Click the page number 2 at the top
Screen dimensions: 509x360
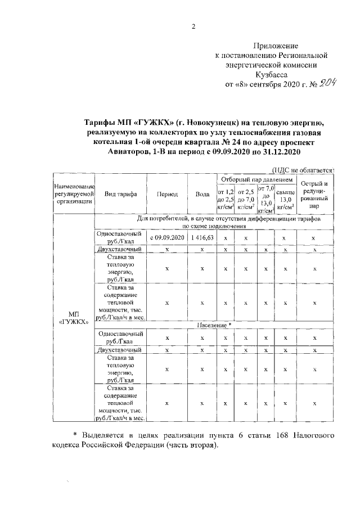tap(193, 26)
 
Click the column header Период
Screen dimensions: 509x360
tap(167, 194)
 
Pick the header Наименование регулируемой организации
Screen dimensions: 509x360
tap(73, 194)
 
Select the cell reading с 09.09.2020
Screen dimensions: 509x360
tap(167, 238)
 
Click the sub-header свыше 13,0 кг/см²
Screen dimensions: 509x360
tap(285, 200)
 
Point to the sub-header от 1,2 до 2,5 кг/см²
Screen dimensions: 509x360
tap(225, 200)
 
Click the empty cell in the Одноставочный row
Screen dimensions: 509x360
tap(265, 238)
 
